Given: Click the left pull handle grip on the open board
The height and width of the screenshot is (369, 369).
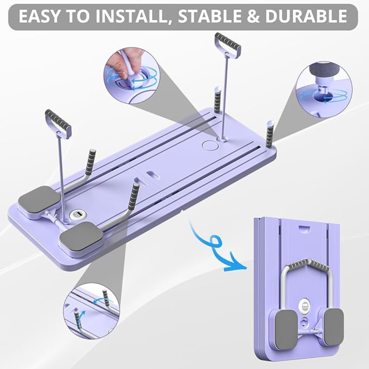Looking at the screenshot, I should (x=58, y=124).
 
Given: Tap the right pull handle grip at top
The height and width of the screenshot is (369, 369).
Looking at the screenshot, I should (x=228, y=45).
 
